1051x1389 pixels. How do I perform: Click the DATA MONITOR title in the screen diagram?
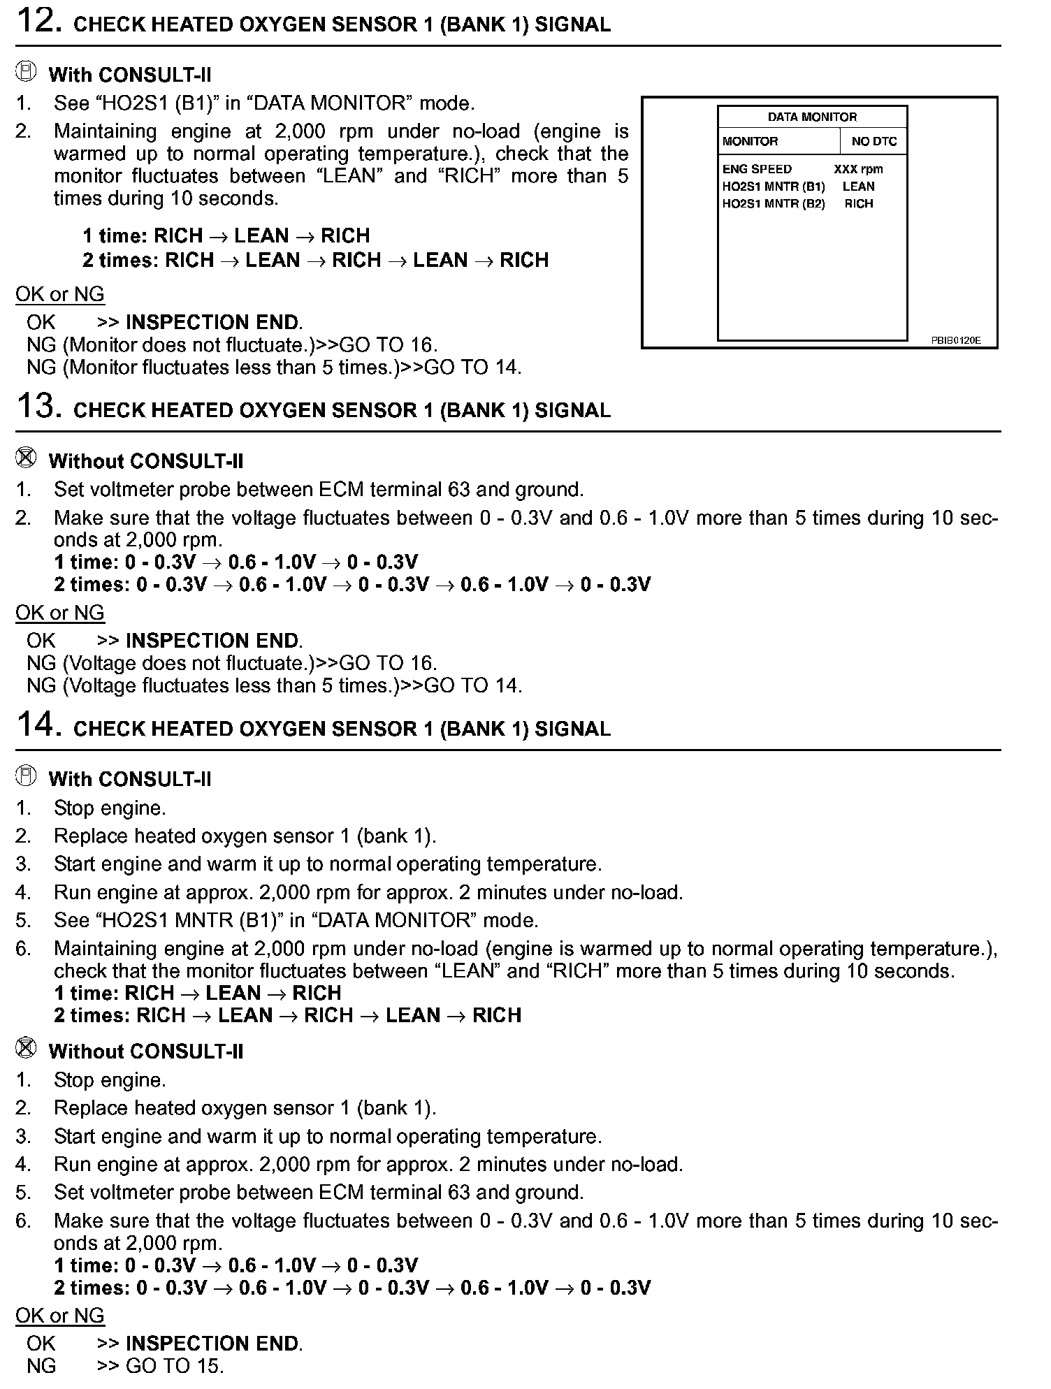coord(812,117)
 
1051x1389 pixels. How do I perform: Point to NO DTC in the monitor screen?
coord(874,141)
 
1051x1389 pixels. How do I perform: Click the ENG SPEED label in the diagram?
coord(757,169)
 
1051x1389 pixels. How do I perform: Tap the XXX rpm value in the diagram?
coord(858,169)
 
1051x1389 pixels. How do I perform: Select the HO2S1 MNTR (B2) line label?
coord(774,204)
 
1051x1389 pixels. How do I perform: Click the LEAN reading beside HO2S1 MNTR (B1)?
coord(858,187)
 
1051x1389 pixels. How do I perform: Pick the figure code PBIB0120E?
coord(955,340)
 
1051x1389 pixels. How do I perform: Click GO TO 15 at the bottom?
coord(175,1366)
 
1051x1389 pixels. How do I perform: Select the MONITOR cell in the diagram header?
coord(750,141)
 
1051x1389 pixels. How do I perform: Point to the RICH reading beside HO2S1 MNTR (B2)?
coord(859,204)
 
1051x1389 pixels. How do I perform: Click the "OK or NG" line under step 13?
coord(60,613)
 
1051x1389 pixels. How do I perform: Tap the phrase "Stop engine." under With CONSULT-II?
coord(110,808)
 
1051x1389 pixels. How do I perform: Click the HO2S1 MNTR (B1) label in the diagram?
coord(774,187)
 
